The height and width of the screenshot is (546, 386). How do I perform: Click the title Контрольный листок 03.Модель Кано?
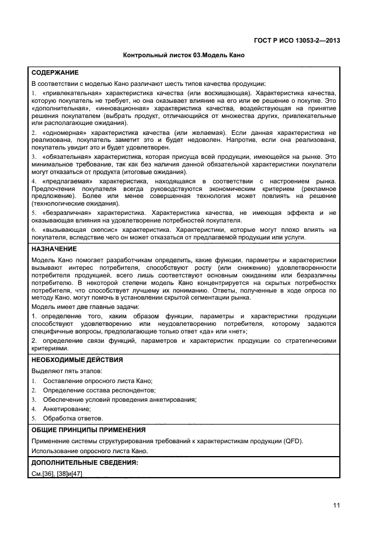click(x=183, y=55)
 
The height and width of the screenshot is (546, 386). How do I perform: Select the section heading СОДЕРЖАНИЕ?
click(x=55, y=73)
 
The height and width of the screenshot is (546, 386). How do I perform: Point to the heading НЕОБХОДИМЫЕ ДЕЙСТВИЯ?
click(x=76, y=360)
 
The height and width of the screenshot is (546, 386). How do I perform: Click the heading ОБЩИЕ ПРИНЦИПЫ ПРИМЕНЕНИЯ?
click(x=88, y=430)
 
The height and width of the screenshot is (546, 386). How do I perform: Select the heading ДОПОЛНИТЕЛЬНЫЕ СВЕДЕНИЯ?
click(x=85, y=462)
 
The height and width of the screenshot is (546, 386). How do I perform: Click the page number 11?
click(x=336, y=505)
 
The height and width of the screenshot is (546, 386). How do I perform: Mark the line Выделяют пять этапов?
click(x=67, y=371)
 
